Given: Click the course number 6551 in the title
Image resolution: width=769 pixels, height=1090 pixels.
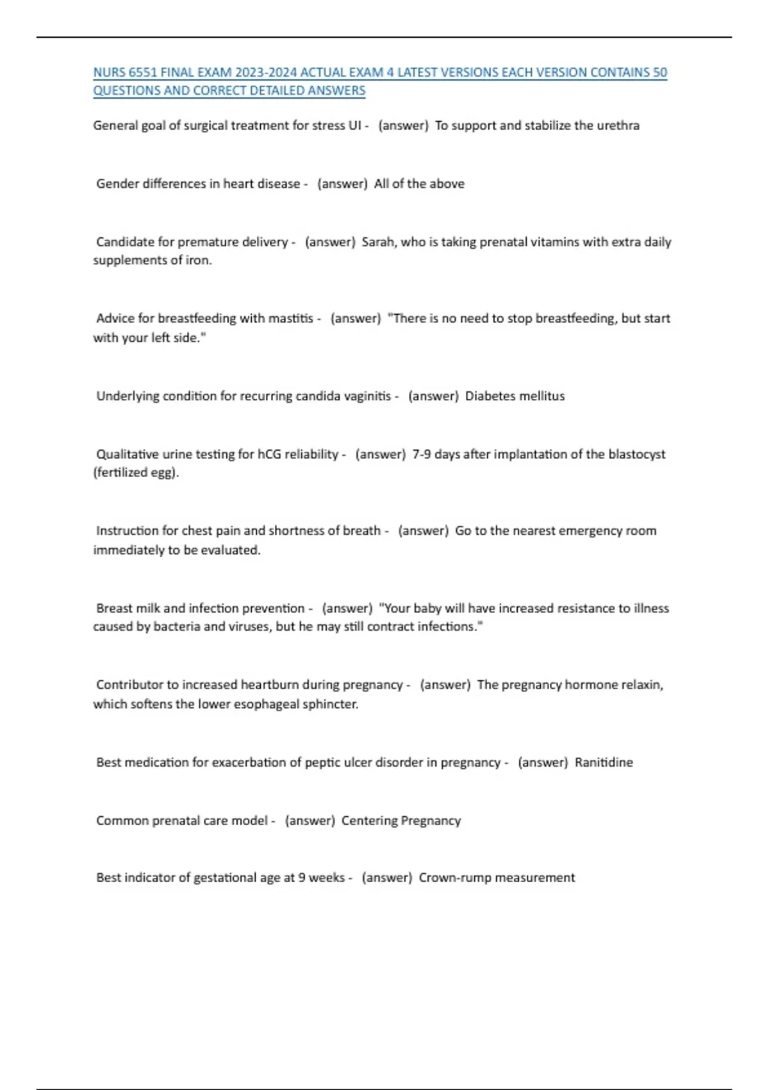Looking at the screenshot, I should point(143,72).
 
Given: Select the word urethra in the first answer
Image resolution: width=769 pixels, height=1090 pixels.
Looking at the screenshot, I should point(618,126).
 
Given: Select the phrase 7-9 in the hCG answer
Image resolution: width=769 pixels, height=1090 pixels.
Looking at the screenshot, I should point(422,455).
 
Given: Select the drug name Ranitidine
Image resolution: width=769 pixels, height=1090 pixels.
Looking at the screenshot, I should point(604,762).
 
